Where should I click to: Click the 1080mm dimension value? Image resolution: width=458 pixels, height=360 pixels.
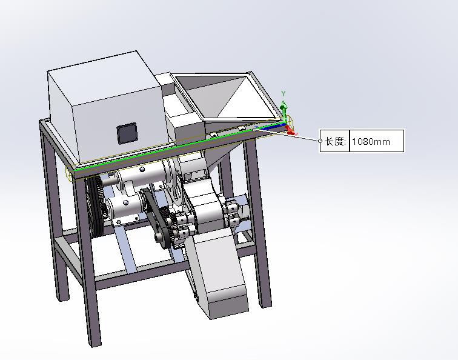pyautogui.click(x=371, y=142)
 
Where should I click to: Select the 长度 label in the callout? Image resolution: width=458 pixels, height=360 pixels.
pyautogui.click(x=336, y=141)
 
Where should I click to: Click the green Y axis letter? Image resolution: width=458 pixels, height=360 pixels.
pyautogui.click(x=283, y=93)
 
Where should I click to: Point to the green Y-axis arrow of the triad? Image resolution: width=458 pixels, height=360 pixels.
pyautogui.click(x=284, y=110)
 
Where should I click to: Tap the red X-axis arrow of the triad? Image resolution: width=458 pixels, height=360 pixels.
pyautogui.click(x=291, y=132)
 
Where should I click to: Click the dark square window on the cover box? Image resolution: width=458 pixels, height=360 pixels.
pyautogui.click(x=127, y=133)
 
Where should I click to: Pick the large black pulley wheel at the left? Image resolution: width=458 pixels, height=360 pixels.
pyautogui.click(x=95, y=207)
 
